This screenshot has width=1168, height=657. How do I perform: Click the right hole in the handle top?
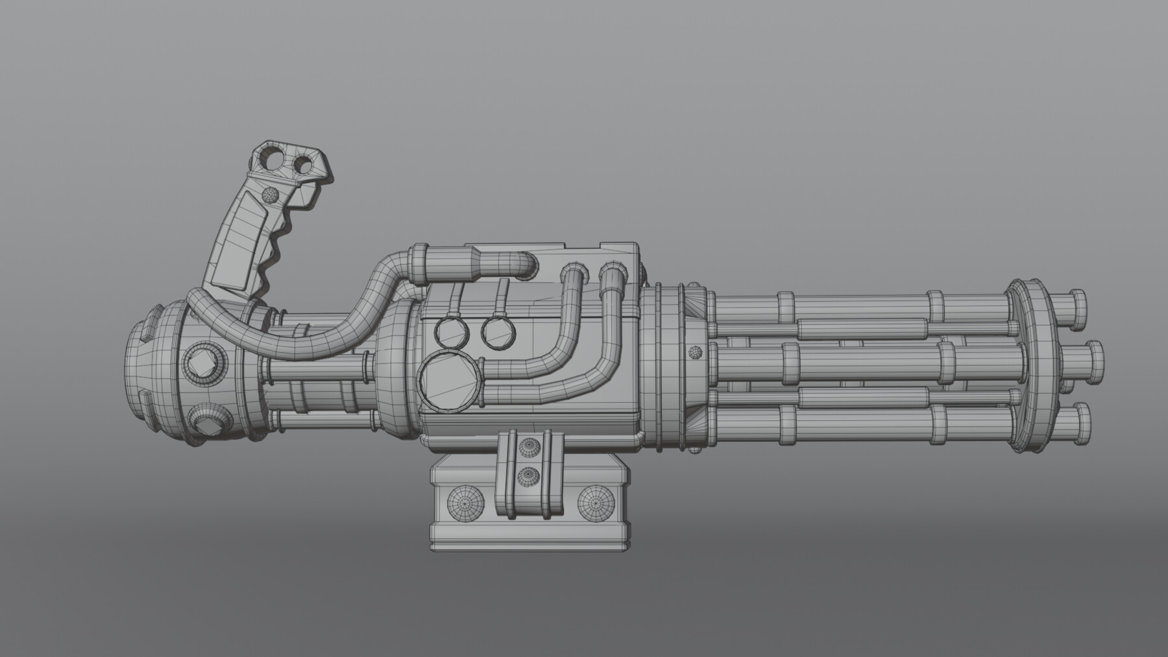click(302, 165)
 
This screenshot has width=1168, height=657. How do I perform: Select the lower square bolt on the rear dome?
click(206, 426)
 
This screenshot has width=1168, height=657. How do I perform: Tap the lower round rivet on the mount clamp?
click(529, 476)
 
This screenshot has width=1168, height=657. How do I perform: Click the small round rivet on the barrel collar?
click(696, 352)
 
